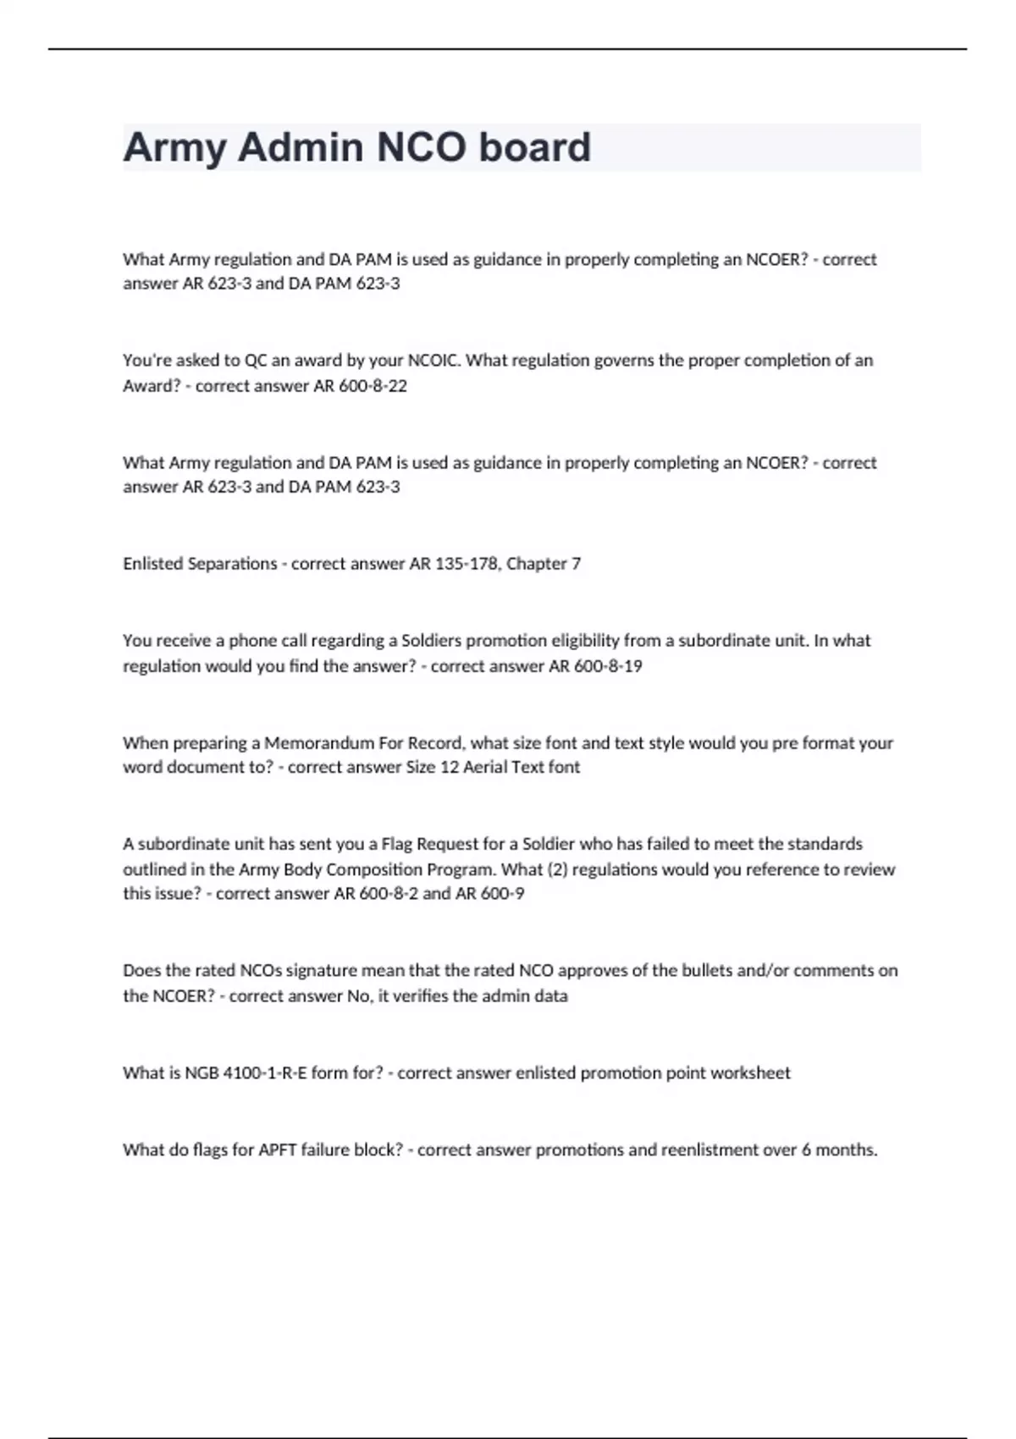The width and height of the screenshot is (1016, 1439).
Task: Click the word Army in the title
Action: click(x=175, y=147)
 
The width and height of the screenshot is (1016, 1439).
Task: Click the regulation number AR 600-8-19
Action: click(x=595, y=666)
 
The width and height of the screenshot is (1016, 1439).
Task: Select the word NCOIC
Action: click(x=434, y=361)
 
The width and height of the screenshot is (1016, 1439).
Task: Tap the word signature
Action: click(x=334, y=971)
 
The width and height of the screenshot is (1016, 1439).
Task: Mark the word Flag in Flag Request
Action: click(x=396, y=844)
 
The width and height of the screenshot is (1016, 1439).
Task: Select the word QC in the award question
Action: click(x=256, y=361)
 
